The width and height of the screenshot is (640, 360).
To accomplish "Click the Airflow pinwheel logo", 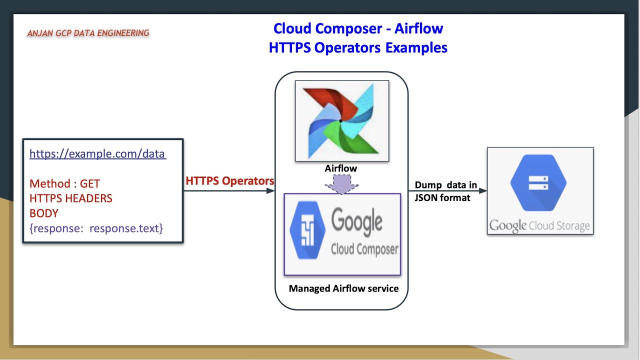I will point(341,120).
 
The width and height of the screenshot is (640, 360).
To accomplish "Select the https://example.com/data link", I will point(97,153).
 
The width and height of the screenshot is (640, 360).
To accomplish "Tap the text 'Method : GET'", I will point(64,183).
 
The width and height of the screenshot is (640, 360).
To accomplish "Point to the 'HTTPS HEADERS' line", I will point(71,198).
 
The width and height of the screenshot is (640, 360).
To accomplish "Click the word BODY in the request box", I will point(44,213).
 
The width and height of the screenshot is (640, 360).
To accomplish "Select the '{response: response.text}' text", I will point(96,228).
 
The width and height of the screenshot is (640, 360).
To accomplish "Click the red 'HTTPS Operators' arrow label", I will point(229,181).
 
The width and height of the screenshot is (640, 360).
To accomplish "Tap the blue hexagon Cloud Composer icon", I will point(307,230).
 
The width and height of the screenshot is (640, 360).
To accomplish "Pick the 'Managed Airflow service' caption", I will point(343,288).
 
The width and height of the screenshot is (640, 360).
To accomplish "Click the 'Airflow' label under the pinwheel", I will point(341,168).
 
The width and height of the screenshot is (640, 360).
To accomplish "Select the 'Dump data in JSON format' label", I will point(445,191).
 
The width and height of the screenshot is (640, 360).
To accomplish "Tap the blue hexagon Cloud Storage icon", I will point(538,182).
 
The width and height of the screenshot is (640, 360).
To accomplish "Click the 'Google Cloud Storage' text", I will point(540,225).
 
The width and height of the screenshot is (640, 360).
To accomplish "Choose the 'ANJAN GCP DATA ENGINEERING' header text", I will point(88,33).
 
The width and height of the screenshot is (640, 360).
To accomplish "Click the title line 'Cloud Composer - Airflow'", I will point(358,28).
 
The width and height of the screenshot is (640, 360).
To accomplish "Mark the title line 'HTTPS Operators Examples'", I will point(358,47).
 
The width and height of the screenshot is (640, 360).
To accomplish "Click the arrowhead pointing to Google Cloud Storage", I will point(483,190).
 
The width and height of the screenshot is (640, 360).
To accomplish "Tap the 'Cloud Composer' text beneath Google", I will point(364,249).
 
